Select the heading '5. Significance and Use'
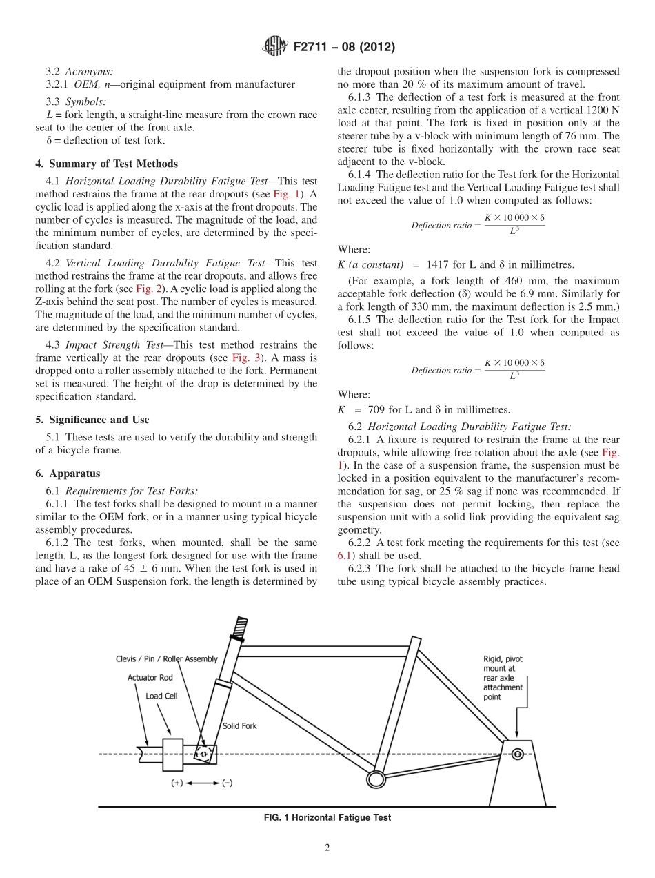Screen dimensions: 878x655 (92, 419)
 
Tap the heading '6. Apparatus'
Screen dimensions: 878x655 (68, 474)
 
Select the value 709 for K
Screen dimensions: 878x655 (377, 409)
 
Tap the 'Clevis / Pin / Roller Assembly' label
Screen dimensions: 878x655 (166, 659)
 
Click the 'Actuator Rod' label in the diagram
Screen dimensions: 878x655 (150, 678)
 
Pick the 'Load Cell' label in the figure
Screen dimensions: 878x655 (161, 696)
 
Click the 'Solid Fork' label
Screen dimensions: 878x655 (239, 726)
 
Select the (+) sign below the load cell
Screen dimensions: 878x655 (177, 783)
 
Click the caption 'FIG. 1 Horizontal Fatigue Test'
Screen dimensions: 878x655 (327, 817)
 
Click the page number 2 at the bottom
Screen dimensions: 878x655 (327, 848)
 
